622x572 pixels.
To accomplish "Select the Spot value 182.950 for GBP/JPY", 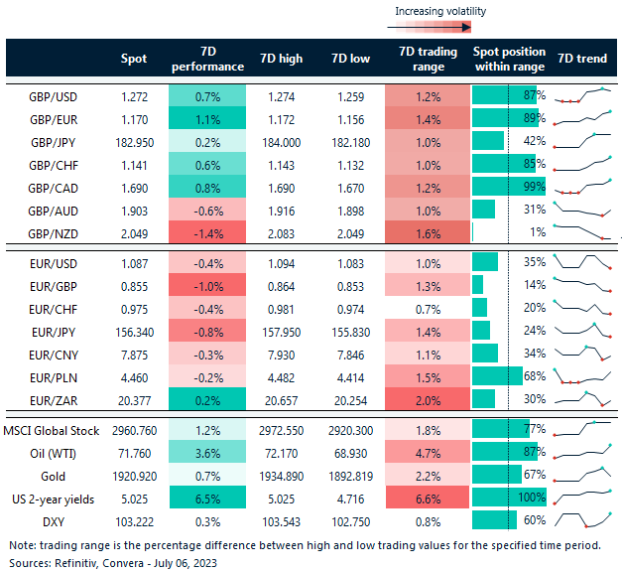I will coord(133,141).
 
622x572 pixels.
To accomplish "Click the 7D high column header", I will coord(281,59).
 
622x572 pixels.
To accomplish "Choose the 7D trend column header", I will coord(582,59).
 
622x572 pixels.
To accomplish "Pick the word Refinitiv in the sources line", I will coord(76,561).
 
